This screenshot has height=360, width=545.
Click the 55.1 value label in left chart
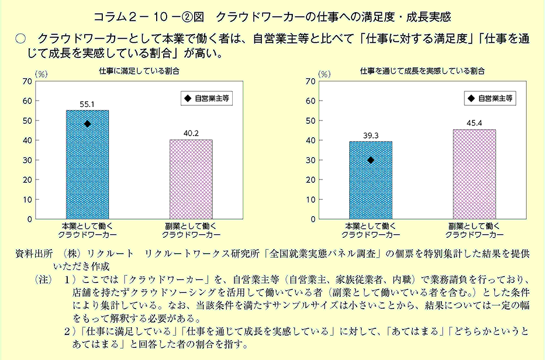(x=87, y=104)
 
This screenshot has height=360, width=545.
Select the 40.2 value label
(x=191, y=133)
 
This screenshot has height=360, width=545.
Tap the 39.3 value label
(x=371, y=135)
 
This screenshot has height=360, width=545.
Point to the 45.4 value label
(x=474, y=123)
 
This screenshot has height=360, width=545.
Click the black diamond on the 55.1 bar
(x=87, y=124)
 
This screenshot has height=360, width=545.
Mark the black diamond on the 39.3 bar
(x=371, y=160)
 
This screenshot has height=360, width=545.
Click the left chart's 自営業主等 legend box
(x=205, y=99)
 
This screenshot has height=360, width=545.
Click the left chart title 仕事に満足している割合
(x=139, y=71)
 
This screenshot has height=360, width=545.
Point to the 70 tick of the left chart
(x=25, y=81)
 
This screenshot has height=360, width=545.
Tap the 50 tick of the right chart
(x=311, y=120)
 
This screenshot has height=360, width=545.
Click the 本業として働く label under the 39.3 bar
(x=370, y=226)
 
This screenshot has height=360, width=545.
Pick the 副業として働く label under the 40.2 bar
(x=191, y=226)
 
